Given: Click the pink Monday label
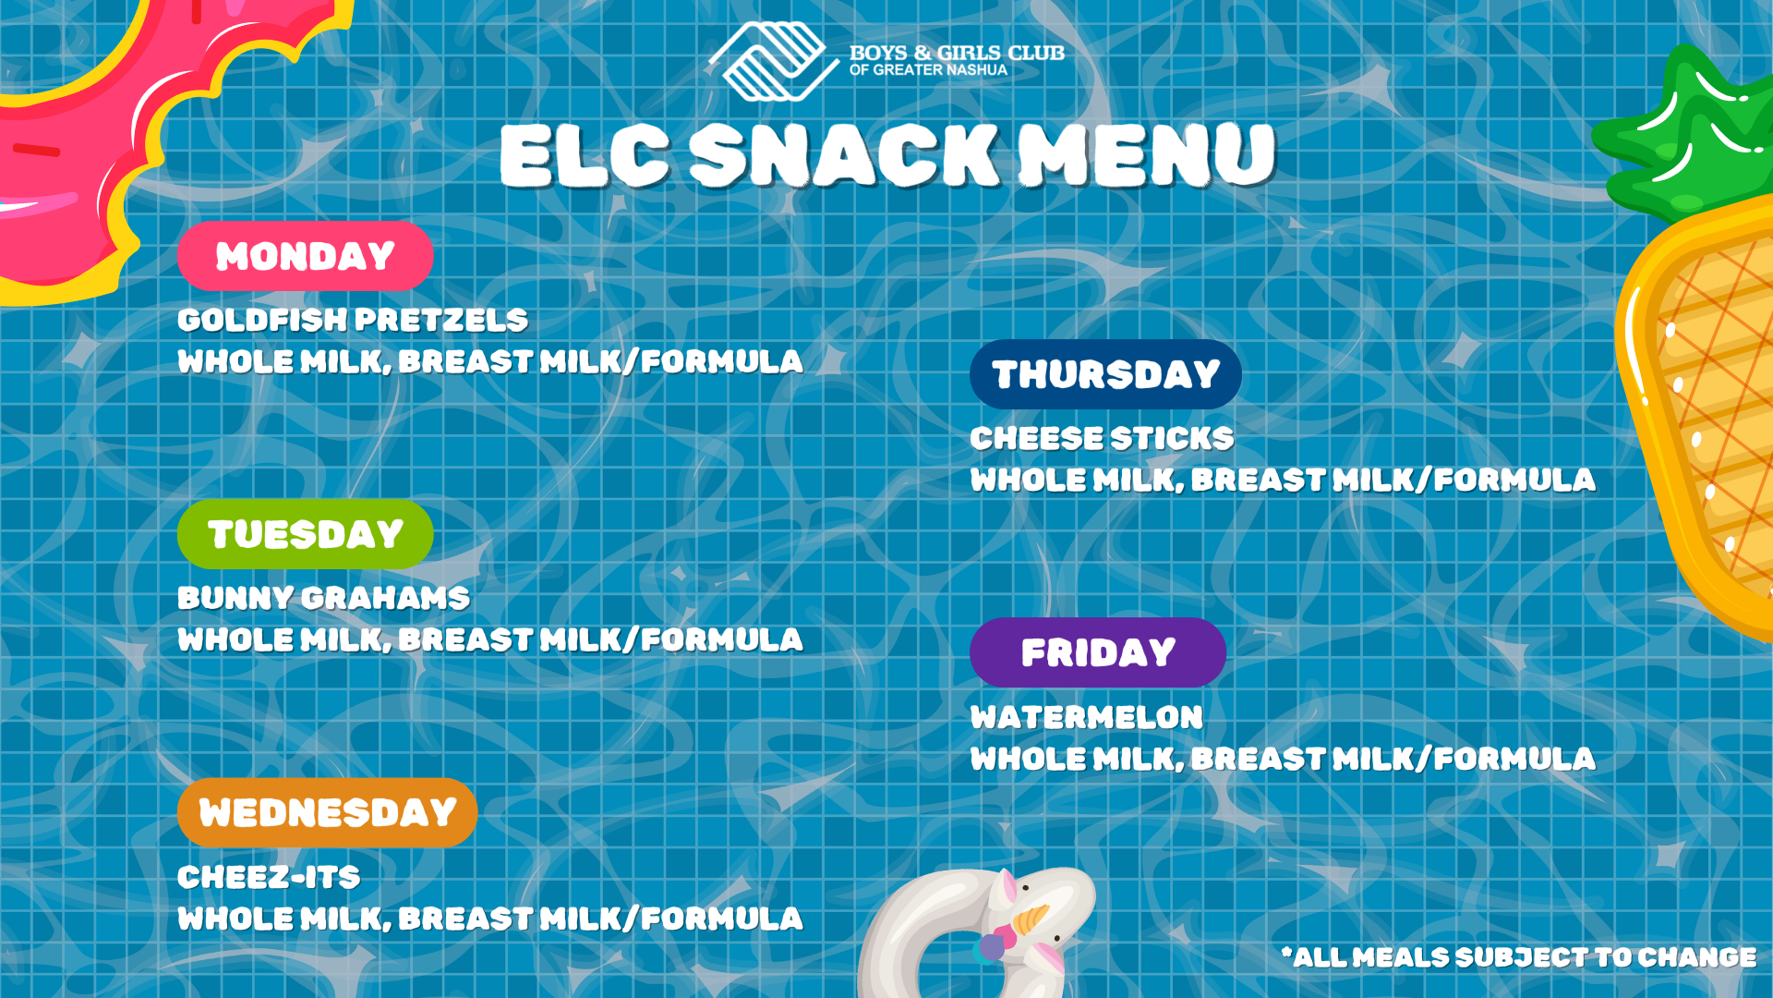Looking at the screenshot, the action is [305, 256].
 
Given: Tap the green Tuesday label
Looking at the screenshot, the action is [305, 534].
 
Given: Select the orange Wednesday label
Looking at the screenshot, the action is [327, 812].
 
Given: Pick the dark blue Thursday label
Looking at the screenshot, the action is [1105, 374].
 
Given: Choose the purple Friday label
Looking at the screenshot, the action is [1098, 652].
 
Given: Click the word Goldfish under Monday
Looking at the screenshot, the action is [262, 321].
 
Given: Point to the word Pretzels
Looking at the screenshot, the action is [442, 321].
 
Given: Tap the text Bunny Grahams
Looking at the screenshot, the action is [323, 599].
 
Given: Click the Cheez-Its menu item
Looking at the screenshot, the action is [269, 877].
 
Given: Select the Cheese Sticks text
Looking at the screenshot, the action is [1102, 438].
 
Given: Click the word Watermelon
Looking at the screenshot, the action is [1086, 717].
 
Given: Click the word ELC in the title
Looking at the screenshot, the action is [585, 155].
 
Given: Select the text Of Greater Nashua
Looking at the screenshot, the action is [928, 70].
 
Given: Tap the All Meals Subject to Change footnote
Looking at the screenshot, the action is [1518, 957].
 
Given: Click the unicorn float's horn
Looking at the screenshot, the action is [1030, 919].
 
